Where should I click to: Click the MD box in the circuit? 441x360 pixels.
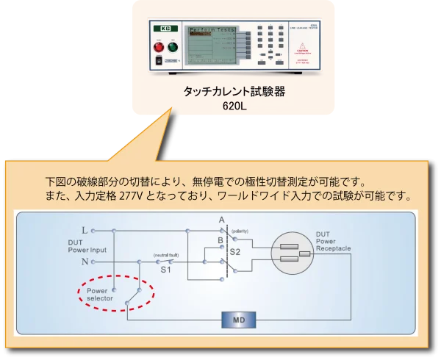(x=237, y=320)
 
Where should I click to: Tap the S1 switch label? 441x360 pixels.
(x=166, y=271)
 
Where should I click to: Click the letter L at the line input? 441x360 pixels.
(x=85, y=230)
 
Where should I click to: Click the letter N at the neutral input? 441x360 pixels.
(x=85, y=261)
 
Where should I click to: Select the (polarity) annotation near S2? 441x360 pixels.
(x=241, y=231)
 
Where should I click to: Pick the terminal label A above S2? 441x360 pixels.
(x=221, y=220)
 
